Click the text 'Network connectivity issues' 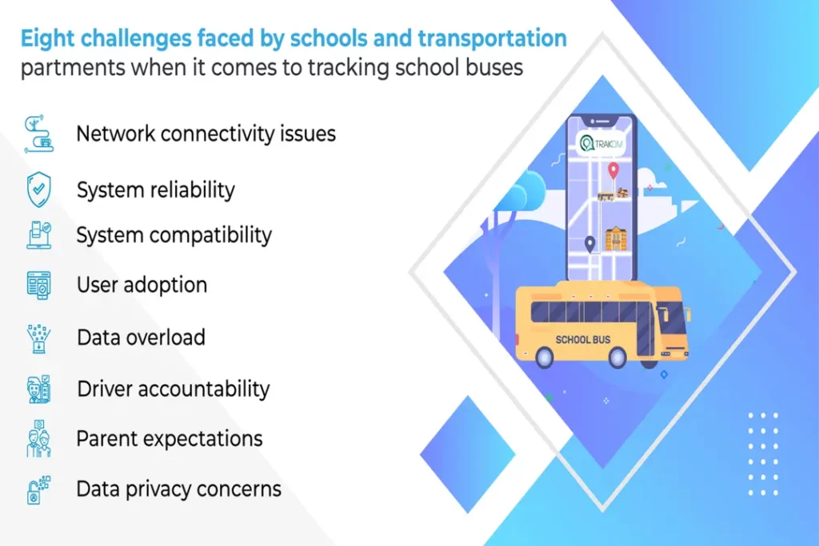point(206,134)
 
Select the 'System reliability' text point(156,190)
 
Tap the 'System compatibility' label point(174,236)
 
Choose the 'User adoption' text point(142,285)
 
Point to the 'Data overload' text point(141,337)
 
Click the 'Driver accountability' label point(174,389)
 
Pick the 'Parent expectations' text point(170,439)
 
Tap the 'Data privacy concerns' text point(179,488)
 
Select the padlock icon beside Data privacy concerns point(36,489)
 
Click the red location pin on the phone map point(613,170)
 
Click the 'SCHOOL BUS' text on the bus point(583,340)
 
